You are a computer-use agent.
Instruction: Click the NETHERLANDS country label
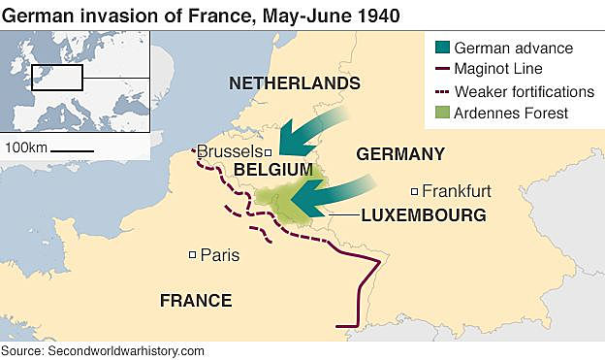tap(294, 83)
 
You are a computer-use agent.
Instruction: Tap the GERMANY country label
tap(400, 153)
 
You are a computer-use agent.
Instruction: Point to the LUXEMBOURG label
tap(423, 214)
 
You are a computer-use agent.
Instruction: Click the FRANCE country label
tap(196, 301)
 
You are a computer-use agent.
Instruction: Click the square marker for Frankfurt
tap(414, 191)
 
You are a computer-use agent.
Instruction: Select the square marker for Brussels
tap(269, 152)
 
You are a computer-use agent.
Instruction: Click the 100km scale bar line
tap(72, 150)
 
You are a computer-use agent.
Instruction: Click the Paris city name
tap(219, 255)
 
